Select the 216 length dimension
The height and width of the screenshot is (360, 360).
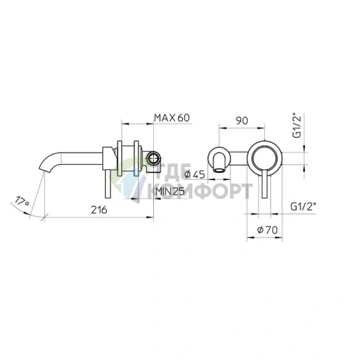click(99, 210)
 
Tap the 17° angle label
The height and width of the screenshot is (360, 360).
click(22, 201)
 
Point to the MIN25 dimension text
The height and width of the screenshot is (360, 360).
click(171, 191)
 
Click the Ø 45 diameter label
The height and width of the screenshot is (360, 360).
click(195, 174)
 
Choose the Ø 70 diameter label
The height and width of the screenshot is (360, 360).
click(267, 230)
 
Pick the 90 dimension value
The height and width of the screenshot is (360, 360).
click(242, 120)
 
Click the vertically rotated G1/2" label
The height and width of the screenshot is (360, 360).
click(297, 126)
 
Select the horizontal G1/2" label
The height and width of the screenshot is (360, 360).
click(303, 207)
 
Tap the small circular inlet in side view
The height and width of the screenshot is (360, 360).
click(154, 159)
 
